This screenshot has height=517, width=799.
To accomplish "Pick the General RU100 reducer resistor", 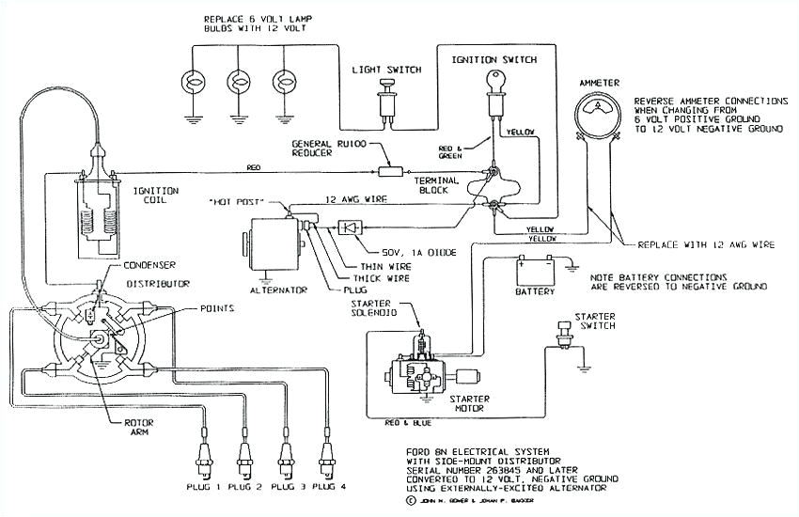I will (388, 171).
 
